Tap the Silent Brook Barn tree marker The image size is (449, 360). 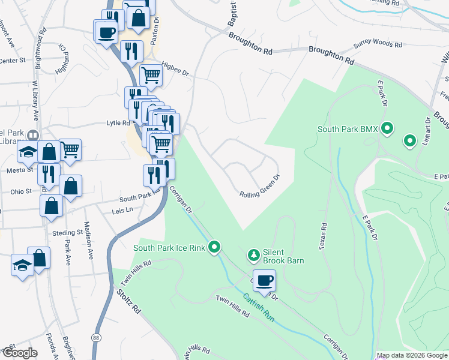254,256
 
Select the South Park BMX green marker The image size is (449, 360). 388,128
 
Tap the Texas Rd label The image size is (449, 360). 324,236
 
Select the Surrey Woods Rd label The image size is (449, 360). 378,44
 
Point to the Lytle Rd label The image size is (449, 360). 118,123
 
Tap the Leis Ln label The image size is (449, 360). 122,211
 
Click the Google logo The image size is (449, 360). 20,353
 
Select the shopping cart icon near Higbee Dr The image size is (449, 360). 150,75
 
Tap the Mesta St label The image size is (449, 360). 20,170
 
